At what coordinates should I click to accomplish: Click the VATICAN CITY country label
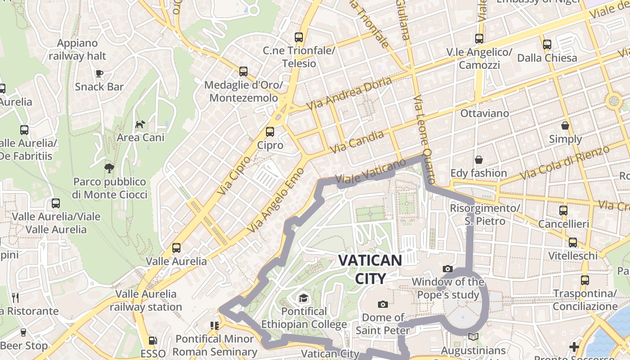pyautogui.click(x=370, y=269)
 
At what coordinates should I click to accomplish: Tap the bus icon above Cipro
pyautogui.click(x=270, y=132)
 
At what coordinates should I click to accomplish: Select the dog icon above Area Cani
pyautogui.click(x=140, y=124)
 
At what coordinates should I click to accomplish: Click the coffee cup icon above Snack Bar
pyautogui.click(x=99, y=73)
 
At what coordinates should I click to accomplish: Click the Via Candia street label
pyautogui.click(x=356, y=142)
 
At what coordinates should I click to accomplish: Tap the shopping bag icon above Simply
pyautogui.click(x=565, y=126)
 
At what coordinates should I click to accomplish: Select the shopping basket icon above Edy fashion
pyautogui.click(x=479, y=160)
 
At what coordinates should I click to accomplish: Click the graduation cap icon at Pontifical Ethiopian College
pyautogui.click(x=304, y=298)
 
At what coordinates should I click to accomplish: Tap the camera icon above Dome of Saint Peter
pyautogui.click(x=383, y=304)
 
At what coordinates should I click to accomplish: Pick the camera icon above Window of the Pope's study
pyautogui.click(x=448, y=269)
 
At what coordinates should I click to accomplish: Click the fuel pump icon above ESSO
pyautogui.click(x=153, y=341)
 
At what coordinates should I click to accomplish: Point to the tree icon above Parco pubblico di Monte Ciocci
pyautogui.click(x=109, y=168)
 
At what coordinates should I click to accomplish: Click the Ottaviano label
pyautogui.click(x=484, y=113)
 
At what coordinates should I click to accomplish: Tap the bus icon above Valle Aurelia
pyautogui.click(x=176, y=248)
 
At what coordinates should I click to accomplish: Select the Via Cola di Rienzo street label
pyautogui.click(x=565, y=162)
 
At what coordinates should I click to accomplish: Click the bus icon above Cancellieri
pyautogui.click(x=563, y=211)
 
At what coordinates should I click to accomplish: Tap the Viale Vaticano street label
pyautogui.click(x=364, y=173)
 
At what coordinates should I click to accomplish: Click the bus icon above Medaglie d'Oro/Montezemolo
pyautogui.click(x=243, y=72)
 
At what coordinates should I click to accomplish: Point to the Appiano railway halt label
pyautogui.click(x=77, y=49)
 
